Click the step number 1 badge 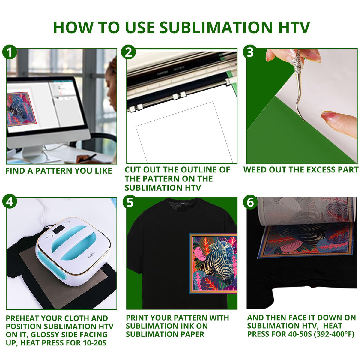tap(10, 52)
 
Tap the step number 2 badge tap(128, 52)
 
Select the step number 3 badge tap(250, 52)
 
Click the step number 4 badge tap(10, 201)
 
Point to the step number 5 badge tap(130, 202)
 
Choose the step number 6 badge tap(250, 202)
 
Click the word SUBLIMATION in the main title tap(215, 28)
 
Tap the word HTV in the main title tap(294, 28)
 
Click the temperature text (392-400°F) tap(334, 334)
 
